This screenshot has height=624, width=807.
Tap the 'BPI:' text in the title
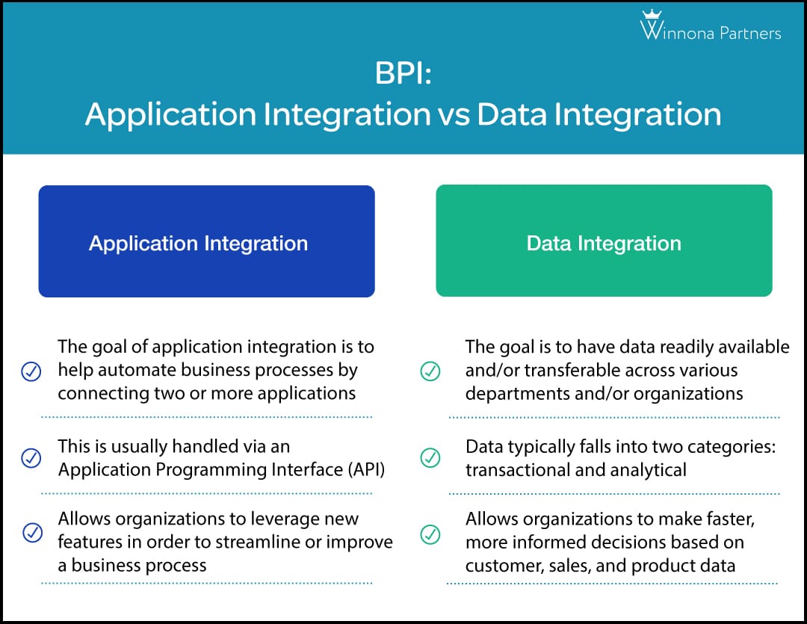click(x=403, y=76)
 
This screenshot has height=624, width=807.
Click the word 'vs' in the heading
click(x=451, y=114)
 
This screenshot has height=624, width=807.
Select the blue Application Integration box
click(x=206, y=241)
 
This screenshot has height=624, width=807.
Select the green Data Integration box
click(x=604, y=241)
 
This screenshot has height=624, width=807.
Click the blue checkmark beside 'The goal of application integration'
click(x=31, y=371)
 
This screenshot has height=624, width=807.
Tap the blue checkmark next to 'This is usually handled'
click(x=31, y=458)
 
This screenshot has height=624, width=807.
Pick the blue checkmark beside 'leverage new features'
click(x=31, y=532)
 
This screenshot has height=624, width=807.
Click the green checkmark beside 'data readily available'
click(x=430, y=371)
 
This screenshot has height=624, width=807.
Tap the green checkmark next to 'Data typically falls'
click(x=430, y=458)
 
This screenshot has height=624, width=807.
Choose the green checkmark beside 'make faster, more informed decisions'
click(x=430, y=534)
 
